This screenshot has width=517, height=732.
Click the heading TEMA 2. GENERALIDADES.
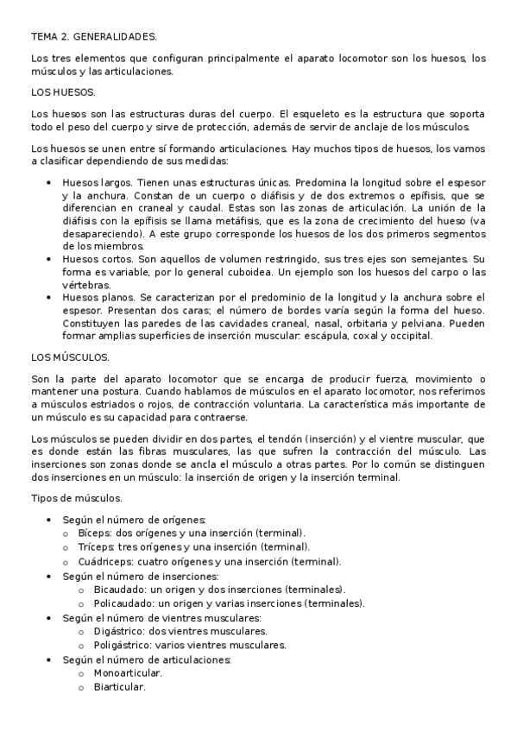coord(94,38)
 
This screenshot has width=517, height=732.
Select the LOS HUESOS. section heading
coord(63,92)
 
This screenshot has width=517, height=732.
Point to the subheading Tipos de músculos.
coord(76,498)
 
